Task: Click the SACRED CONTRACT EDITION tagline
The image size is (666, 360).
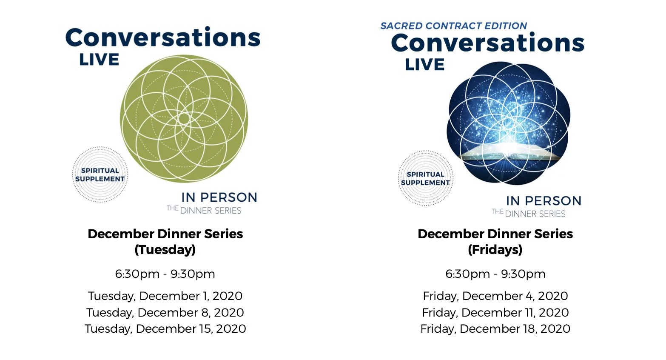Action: click(x=454, y=26)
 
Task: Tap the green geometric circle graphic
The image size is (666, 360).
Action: click(x=184, y=118)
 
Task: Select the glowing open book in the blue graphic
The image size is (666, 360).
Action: click(x=509, y=152)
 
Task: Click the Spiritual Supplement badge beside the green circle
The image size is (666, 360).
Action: click(x=100, y=174)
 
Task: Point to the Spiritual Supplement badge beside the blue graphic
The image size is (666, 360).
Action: click(x=425, y=178)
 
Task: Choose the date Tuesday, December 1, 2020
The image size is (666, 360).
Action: click(x=165, y=296)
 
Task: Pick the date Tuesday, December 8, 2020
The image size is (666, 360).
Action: click(x=165, y=312)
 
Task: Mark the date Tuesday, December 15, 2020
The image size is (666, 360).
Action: click(x=165, y=329)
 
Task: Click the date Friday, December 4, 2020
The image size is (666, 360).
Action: click(x=495, y=296)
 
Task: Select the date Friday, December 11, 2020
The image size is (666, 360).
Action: click(x=495, y=312)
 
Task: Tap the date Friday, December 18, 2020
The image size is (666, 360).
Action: click(x=495, y=329)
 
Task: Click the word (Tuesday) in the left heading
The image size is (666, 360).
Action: click(x=165, y=250)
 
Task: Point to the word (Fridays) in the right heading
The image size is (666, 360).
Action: click(x=495, y=250)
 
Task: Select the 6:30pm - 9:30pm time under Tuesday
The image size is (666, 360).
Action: click(x=165, y=274)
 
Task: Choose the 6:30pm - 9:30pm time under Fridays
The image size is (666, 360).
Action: click(x=495, y=274)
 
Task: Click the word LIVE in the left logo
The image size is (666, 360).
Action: click(x=100, y=60)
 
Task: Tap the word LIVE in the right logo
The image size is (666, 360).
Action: click(x=425, y=64)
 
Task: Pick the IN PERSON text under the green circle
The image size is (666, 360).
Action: click(x=219, y=197)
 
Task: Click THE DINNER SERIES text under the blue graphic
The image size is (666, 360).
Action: click(x=528, y=213)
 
